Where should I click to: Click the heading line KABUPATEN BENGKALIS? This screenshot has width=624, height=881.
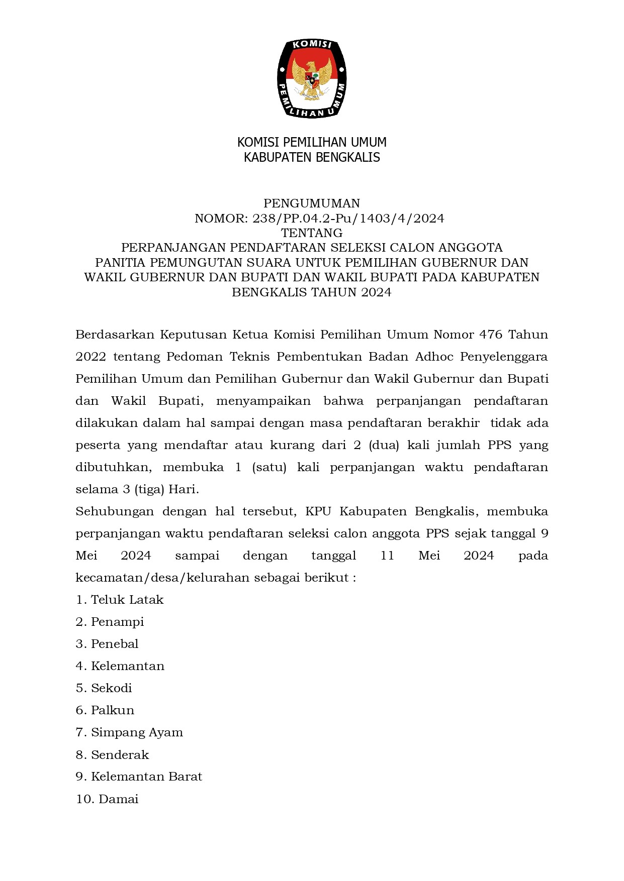tap(312, 157)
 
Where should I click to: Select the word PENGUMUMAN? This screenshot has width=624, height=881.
tap(312, 203)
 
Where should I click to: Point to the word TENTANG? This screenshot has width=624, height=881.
tap(312, 233)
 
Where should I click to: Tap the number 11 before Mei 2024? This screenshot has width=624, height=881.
tap(387, 556)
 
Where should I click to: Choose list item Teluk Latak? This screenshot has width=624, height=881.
tap(127, 600)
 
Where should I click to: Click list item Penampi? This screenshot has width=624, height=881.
tap(117, 622)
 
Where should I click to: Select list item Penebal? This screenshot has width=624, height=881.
tap(115, 644)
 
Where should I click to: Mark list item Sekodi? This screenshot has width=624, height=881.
tap(111, 688)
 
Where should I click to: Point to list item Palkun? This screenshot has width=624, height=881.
tap(113, 710)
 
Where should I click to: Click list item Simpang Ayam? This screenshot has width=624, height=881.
tap(137, 732)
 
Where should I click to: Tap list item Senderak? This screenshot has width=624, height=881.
tap(120, 755)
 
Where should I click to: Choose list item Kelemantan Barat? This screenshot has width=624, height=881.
tap(146, 777)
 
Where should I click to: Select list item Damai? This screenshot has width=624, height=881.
tap(118, 799)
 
